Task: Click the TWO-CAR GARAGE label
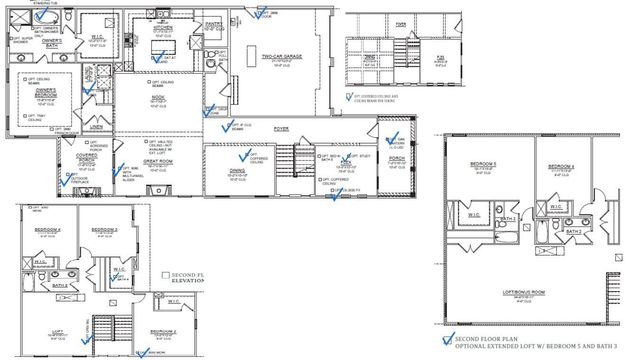[283, 57]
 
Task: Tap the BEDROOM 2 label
[164, 330]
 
